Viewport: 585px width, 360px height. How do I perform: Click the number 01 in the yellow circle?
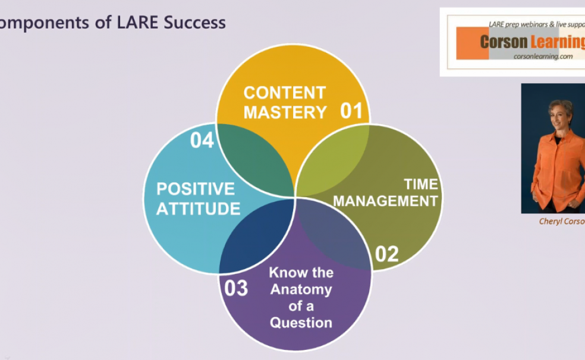coord(351,111)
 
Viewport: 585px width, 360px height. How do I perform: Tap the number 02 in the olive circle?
coord(386,254)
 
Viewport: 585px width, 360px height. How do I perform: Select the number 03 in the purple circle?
coord(236,288)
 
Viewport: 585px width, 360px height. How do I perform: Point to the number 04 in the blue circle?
coord(202,141)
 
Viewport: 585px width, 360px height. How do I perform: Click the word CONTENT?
coord(285,93)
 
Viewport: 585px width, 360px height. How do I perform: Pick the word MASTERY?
coord(285,112)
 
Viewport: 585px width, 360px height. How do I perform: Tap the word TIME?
coord(421,184)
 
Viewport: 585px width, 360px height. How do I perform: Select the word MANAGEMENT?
coord(385,201)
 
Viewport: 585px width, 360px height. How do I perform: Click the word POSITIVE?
coord(196,189)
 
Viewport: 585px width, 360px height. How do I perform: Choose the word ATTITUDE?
coord(198,209)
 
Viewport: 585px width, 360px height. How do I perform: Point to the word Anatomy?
coord(301,290)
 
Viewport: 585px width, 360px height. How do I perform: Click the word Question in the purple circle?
coord(301,323)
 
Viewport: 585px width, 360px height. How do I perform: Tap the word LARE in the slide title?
coord(137,23)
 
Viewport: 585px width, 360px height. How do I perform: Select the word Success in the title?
coord(194,23)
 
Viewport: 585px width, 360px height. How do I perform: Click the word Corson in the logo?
coord(504,42)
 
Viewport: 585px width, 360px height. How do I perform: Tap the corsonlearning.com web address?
coord(543,56)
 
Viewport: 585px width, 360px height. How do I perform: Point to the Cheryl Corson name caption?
coord(561,222)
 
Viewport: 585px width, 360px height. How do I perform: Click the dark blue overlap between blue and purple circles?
coord(257,235)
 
